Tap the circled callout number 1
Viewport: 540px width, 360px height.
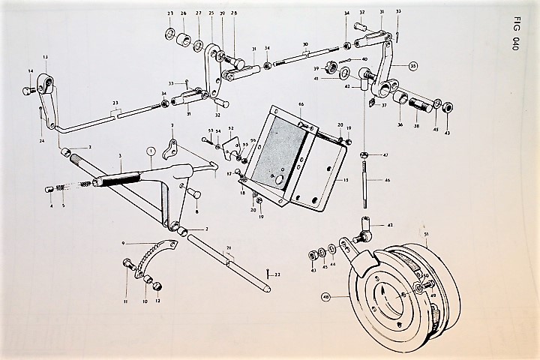coord(151,151)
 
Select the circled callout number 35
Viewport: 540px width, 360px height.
coord(412,66)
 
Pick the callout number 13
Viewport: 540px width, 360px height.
coord(45,57)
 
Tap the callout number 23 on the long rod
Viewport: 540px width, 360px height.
coord(115,103)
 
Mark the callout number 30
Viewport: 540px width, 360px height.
coord(304,44)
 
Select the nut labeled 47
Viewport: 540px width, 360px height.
coord(364,154)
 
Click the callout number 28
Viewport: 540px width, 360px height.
coord(234,13)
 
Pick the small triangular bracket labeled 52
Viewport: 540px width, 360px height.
coord(238,144)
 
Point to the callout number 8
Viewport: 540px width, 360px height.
coord(196,212)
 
